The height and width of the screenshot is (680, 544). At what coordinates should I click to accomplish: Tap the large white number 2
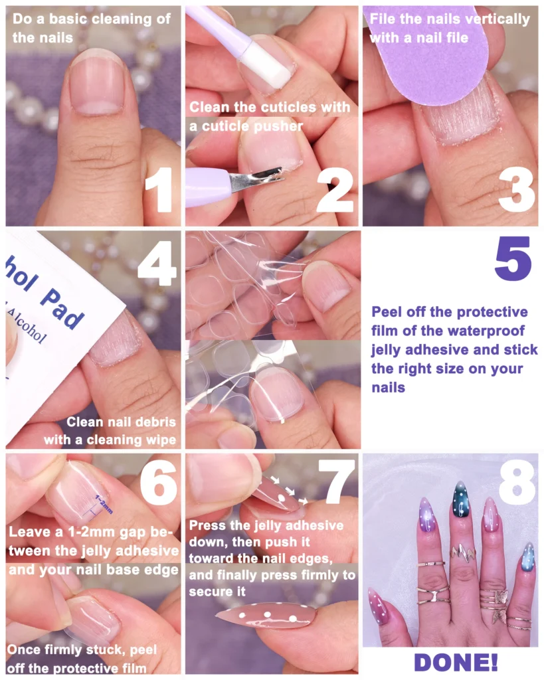(x=335, y=189)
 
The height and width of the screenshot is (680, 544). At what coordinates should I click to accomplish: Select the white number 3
(x=516, y=189)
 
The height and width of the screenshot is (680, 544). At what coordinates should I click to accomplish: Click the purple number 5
(x=513, y=258)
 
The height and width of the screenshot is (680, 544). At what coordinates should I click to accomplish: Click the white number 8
(x=517, y=482)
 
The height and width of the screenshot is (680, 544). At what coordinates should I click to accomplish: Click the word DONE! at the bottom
(x=456, y=662)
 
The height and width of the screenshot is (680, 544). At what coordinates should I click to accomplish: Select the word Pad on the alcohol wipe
(x=62, y=309)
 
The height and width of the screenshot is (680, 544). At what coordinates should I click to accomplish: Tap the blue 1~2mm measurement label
(x=103, y=505)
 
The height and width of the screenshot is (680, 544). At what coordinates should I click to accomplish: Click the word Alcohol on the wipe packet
(x=26, y=325)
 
